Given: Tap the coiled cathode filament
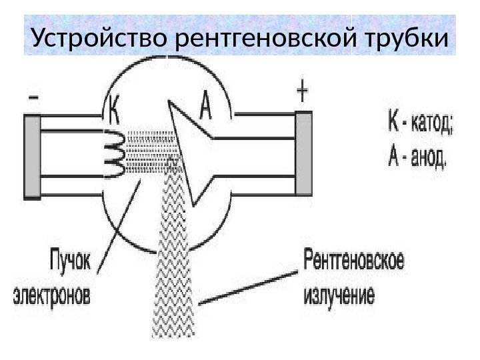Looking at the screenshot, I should coord(113,155).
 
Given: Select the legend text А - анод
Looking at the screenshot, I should coord(417,159).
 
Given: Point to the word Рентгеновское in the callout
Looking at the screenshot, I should coord(354,259).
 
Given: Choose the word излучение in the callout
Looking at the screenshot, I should coord(340,293).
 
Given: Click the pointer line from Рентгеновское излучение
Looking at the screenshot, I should coord(247,287).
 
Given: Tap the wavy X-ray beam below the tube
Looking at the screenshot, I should coord(175,267).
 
